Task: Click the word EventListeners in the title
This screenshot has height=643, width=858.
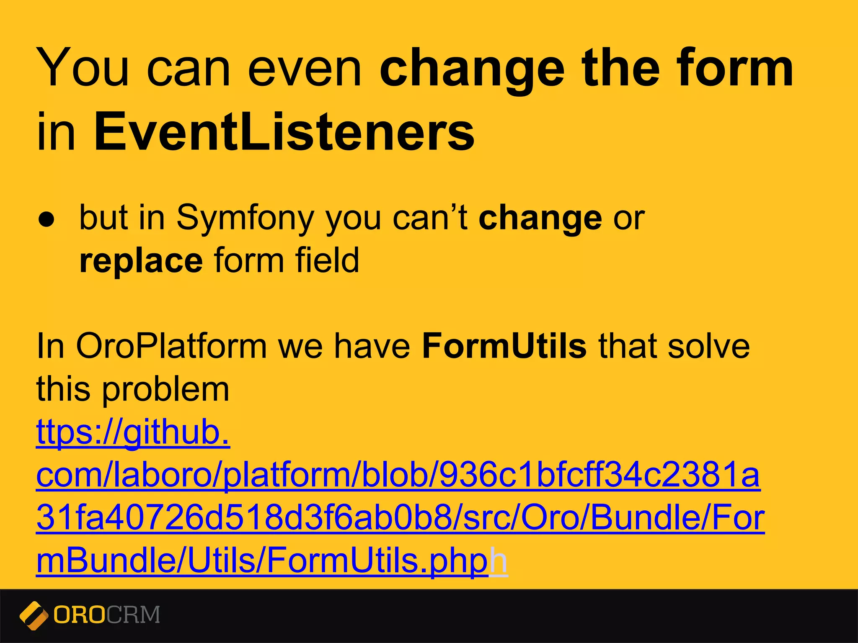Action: (284, 132)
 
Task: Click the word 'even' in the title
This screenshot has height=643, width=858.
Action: (305, 69)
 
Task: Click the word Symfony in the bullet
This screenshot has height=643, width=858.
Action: (245, 219)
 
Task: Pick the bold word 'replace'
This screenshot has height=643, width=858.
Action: (141, 261)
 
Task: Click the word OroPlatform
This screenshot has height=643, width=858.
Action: (171, 347)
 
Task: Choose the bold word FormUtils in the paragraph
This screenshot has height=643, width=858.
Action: (504, 347)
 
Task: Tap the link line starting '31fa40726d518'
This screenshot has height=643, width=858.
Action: (401, 518)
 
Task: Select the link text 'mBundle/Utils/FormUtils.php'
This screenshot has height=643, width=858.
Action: (262, 561)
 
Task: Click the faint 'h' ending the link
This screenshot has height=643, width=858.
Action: (499, 561)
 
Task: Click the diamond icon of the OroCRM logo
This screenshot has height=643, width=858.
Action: (34, 615)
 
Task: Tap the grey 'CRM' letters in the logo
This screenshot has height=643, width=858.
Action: (133, 615)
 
